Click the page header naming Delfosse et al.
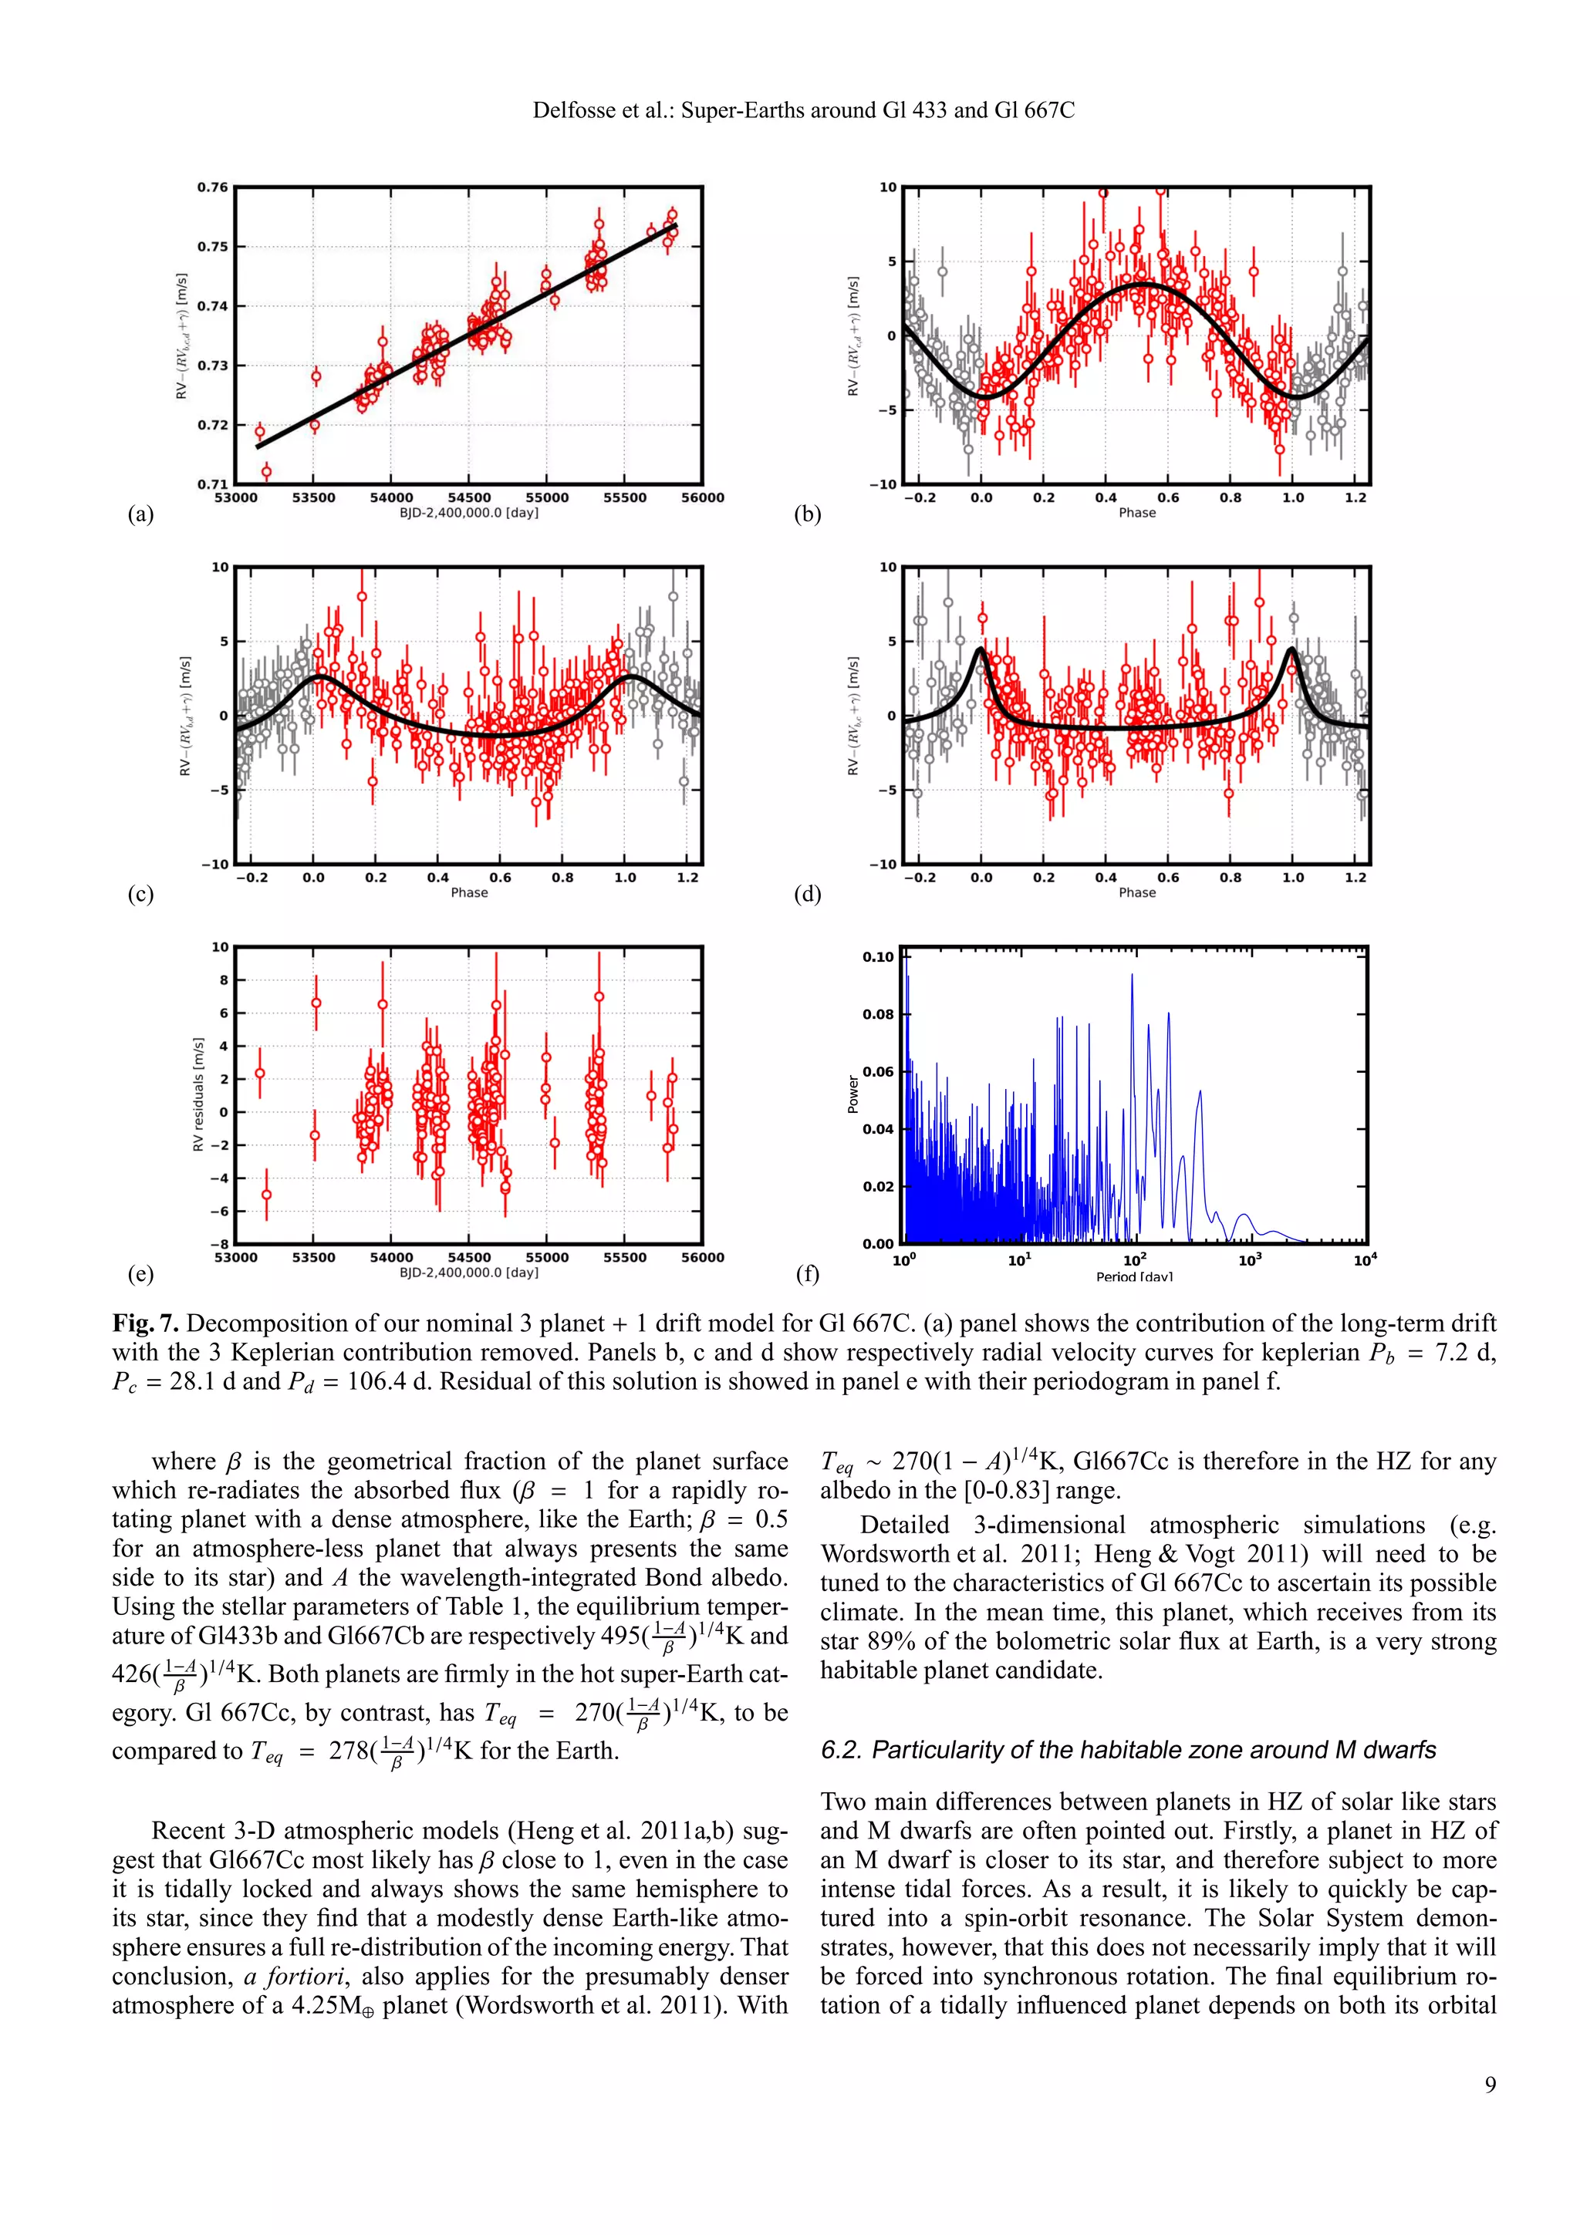click(x=803, y=110)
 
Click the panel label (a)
click(x=141, y=514)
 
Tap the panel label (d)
click(x=808, y=894)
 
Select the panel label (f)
click(x=808, y=1273)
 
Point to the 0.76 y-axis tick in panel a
click(x=212, y=187)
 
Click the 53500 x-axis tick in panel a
click(x=312, y=497)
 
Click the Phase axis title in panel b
click(x=1136, y=513)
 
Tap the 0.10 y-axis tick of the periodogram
click(x=877, y=957)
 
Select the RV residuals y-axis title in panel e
click(x=197, y=1094)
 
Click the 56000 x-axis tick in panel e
click(x=701, y=1258)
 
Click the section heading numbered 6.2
click(x=1127, y=1749)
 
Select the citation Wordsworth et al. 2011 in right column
click(x=930, y=1555)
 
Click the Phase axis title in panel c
click(x=468, y=892)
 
